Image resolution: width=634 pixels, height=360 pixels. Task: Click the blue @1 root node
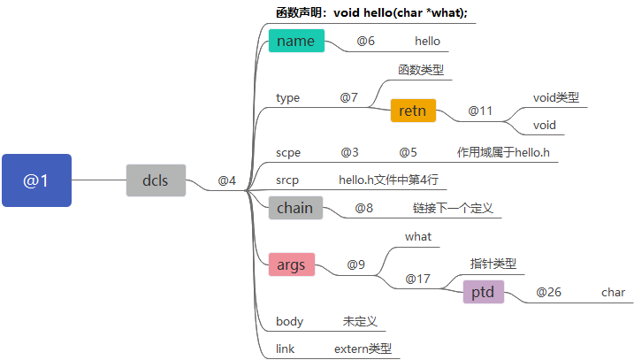pos(36,180)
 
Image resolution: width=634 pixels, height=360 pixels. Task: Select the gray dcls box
pos(156,180)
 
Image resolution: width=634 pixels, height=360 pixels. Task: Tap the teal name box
pos(296,41)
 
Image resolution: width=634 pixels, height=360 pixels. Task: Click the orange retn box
pos(413,111)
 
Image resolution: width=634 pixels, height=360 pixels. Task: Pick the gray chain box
pos(295,208)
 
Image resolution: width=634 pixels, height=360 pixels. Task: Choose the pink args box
pos(292,264)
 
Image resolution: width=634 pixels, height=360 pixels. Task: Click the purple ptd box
pos(483,292)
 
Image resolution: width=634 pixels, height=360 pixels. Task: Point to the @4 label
pos(227,181)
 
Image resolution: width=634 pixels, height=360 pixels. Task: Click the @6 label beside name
pos(366,41)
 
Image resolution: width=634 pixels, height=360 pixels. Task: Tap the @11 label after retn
pos(480,111)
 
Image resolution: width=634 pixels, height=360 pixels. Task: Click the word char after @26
pos(613,292)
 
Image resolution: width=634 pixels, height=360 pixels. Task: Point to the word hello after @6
pos(427,41)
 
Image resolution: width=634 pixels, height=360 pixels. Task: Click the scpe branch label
pos(288,152)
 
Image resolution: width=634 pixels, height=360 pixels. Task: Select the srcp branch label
pos(287,180)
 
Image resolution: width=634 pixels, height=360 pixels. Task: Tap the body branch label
pos(289,321)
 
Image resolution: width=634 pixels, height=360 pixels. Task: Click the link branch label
pos(285,349)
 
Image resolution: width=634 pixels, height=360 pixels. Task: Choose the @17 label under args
pos(417,279)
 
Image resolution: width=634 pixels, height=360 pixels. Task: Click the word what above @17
pos(418,236)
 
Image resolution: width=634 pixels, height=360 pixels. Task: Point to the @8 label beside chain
pos(364,209)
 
